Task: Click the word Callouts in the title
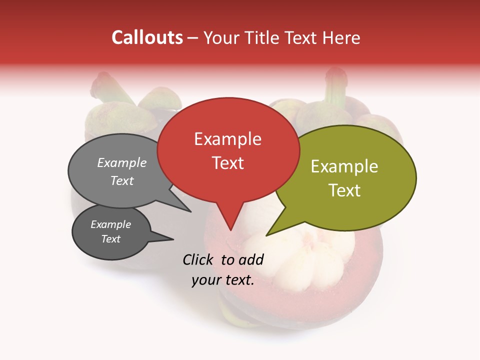[x=147, y=37]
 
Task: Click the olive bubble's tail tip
[x=266, y=235]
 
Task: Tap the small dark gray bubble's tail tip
[x=173, y=239]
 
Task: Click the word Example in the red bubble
[x=227, y=139]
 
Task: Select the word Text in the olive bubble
[x=344, y=190]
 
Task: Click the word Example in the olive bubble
[x=344, y=166]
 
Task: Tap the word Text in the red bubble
[x=227, y=163]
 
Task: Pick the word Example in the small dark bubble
[x=110, y=224]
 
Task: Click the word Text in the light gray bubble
[x=122, y=180]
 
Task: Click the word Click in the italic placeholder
[x=199, y=259]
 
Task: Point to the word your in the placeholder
[x=205, y=280]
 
